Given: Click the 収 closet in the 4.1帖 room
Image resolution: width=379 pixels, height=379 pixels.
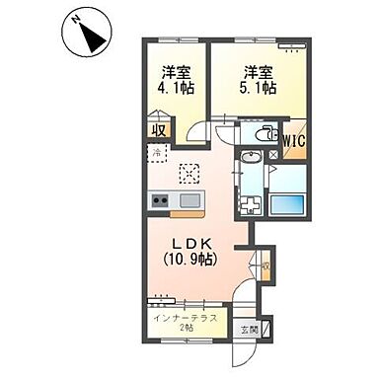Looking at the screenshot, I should pyautogui.click(x=157, y=128).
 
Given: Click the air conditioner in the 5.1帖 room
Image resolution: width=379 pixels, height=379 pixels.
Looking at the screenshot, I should pyautogui.click(x=287, y=46).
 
